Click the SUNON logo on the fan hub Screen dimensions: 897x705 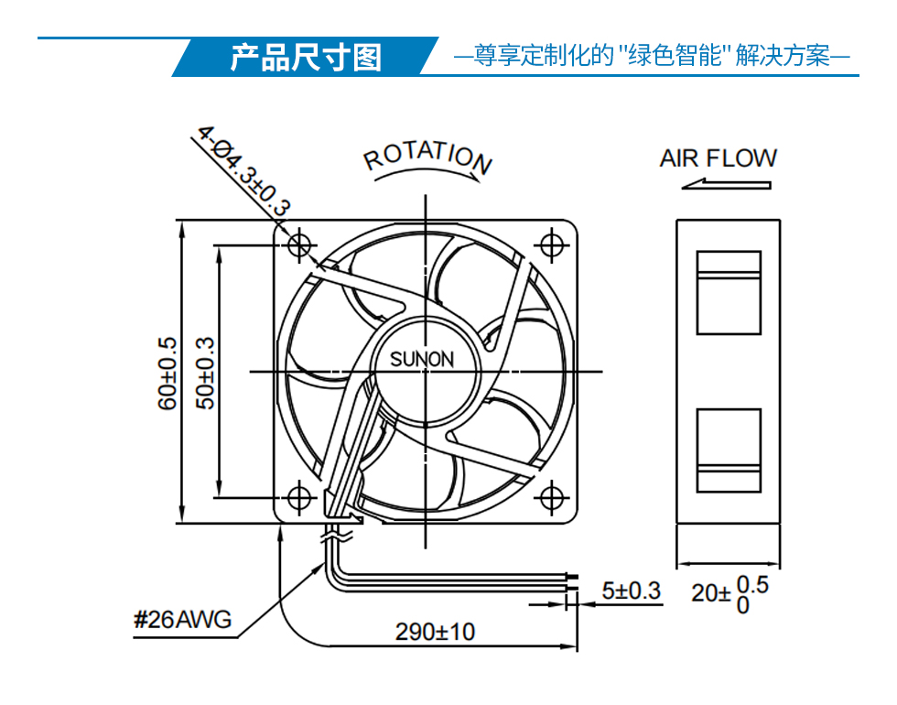coord(422,359)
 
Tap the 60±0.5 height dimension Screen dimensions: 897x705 coord(167,374)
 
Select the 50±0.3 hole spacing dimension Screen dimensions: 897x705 coord(205,374)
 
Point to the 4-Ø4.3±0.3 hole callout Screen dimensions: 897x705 coord(243,171)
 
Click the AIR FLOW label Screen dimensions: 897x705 coord(719,158)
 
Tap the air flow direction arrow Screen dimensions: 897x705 coord(727,184)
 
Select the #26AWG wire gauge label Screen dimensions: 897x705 coord(182,619)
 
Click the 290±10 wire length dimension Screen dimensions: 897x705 coord(435,632)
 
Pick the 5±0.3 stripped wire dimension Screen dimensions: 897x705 coord(631,591)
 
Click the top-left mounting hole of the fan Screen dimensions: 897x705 coord(299,245)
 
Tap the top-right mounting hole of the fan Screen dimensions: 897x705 coord(551,245)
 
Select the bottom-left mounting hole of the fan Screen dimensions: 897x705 coord(299,498)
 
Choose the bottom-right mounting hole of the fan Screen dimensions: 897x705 coord(551,498)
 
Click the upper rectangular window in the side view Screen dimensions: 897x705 coord(729,292)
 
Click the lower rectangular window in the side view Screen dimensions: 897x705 coord(729,450)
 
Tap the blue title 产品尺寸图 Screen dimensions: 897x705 coord(306,57)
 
